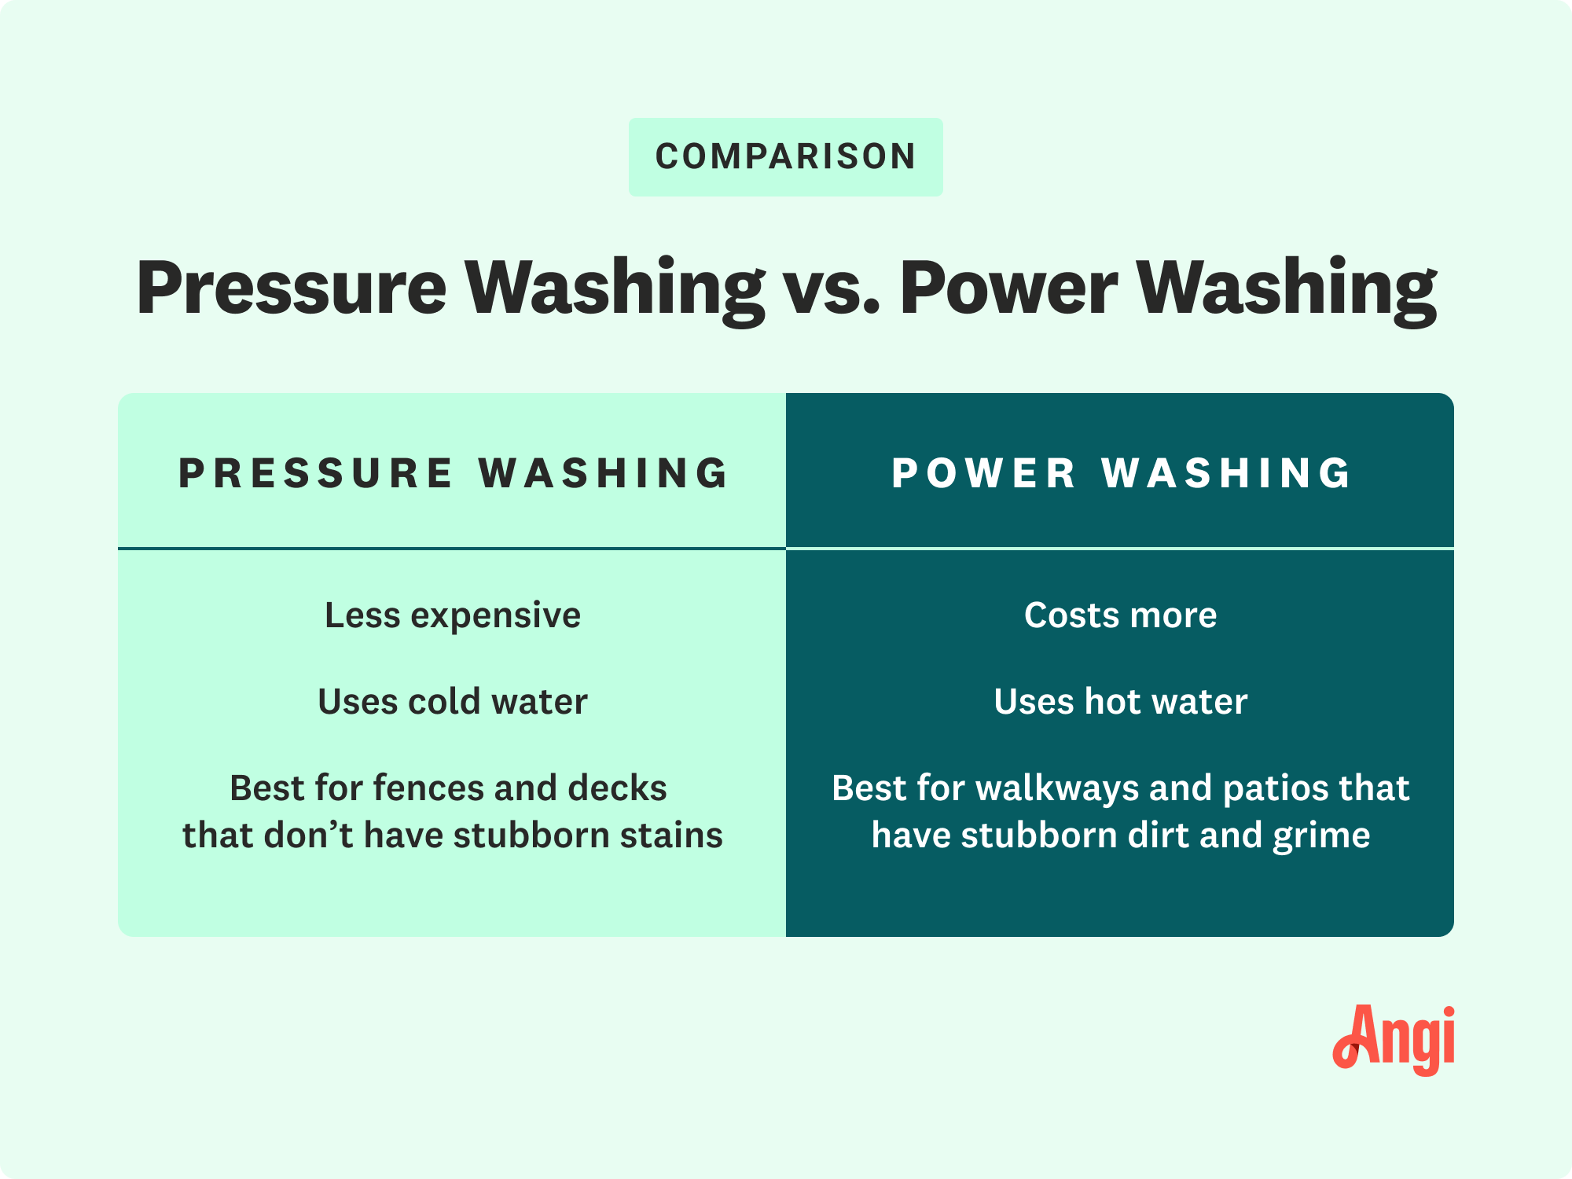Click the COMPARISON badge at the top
tap(786, 156)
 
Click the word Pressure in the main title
tap(292, 288)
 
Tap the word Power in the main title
tap(1009, 288)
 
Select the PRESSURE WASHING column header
tap(454, 473)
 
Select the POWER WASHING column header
tap(1122, 473)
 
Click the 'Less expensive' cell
tap(453, 615)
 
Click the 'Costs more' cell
tap(1121, 615)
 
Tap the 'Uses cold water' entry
tap(453, 701)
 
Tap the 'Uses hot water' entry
tap(1121, 701)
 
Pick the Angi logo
tap(1393, 1040)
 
